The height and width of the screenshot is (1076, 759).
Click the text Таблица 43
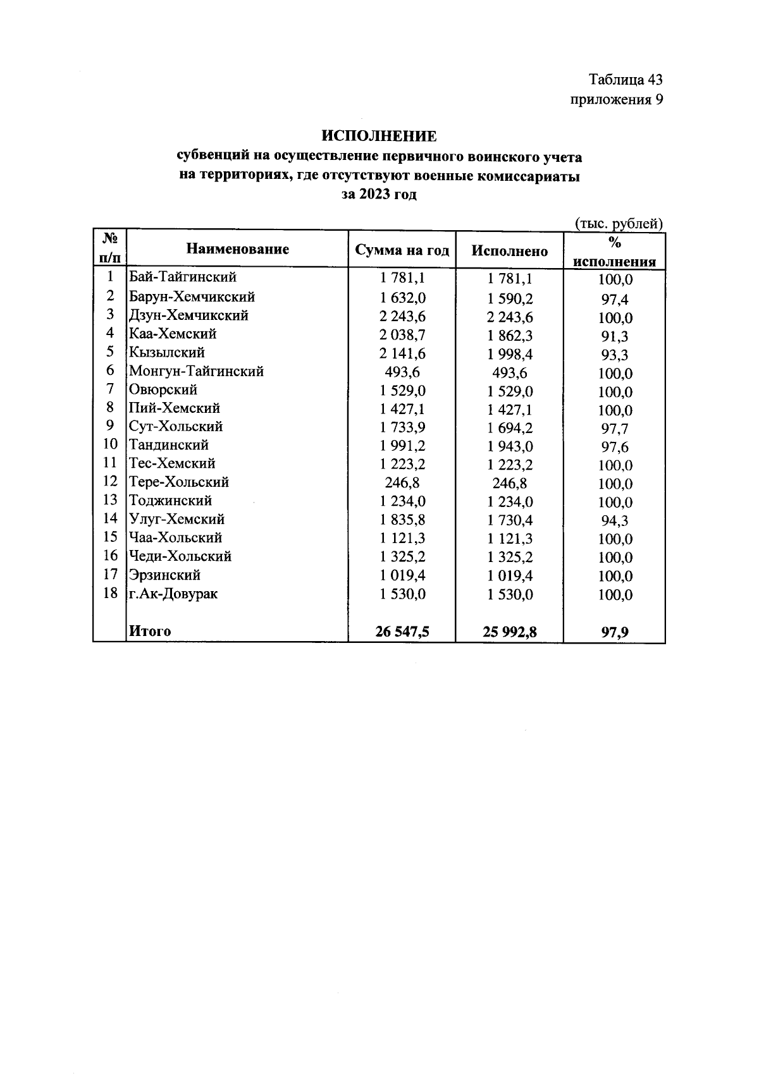pos(625,80)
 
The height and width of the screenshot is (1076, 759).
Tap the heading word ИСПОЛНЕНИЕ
pos(379,137)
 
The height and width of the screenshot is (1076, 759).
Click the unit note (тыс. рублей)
pos(618,223)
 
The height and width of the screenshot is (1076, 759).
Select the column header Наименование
pos(237,249)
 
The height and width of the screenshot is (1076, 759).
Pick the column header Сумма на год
pos(402,250)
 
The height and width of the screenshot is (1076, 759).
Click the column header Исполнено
pos(509,251)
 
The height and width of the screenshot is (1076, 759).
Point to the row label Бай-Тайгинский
pos(182,277)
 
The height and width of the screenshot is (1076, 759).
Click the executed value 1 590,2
pos(510,298)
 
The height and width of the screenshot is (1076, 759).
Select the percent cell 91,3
pos(614,336)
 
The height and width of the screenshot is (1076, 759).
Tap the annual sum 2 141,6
pos(402,353)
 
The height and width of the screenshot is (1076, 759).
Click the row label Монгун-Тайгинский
pos(196,371)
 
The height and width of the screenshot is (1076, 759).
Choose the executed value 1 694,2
pos(510,428)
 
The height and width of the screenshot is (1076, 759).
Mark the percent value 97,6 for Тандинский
pos(614,448)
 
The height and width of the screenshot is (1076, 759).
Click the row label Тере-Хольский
pos(178,482)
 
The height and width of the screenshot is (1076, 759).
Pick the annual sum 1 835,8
pos(402,520)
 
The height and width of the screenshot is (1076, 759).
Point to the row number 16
pos(110,556)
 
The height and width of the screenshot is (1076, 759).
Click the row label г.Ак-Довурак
pos(173,594)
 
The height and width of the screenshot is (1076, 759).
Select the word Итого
pos(150,631)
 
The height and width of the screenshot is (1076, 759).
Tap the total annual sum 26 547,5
pos(402,631)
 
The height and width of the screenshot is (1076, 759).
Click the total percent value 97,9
pos(614,632)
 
